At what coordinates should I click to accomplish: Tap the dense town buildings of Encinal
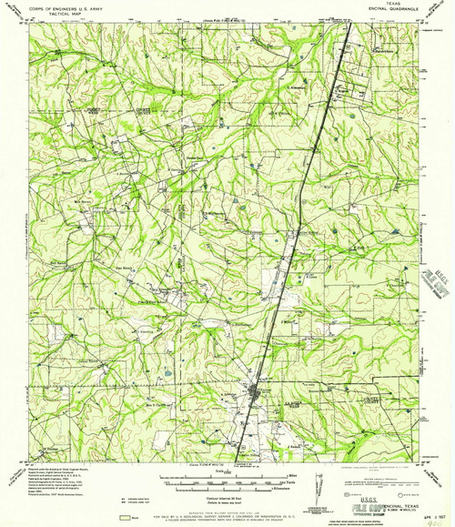tap(256, 392)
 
